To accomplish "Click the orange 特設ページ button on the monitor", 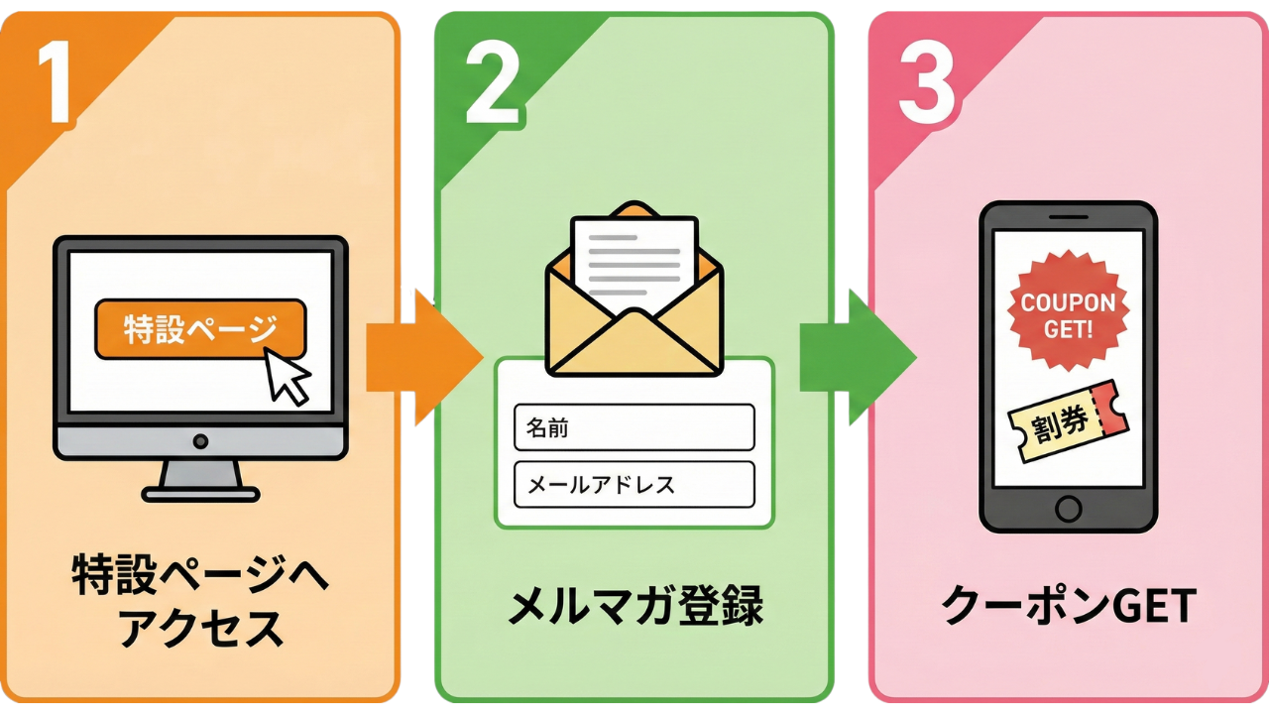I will coord(199,328).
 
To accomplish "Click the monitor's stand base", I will coord(200,492).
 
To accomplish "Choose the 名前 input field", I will coord(634,427).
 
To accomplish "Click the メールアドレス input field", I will coord(634,484).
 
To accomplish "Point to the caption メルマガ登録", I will coord(634,606).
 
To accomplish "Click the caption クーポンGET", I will coord(1069,606).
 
